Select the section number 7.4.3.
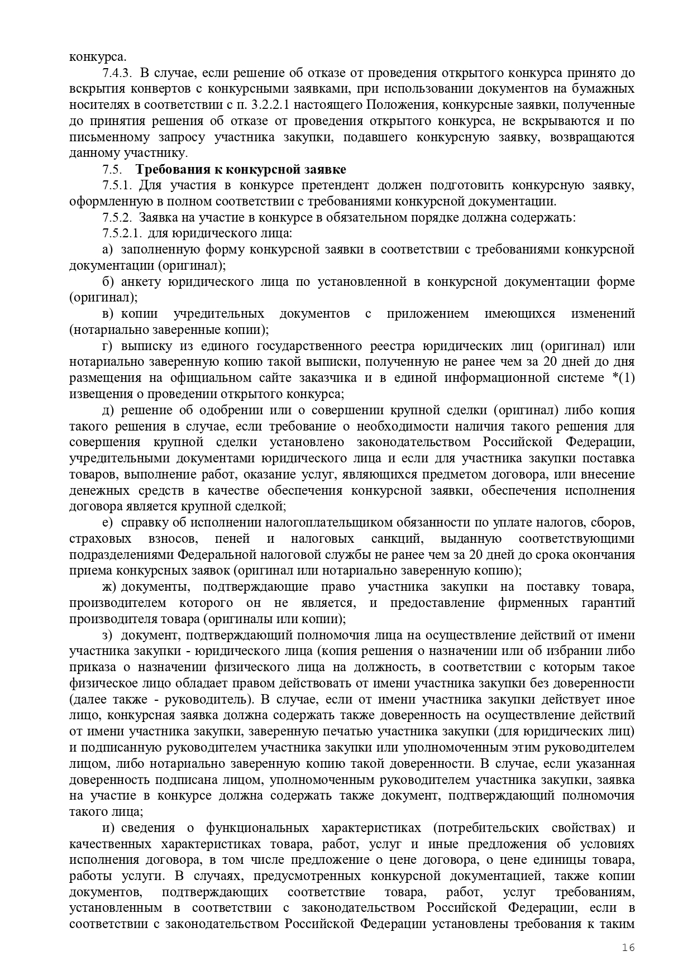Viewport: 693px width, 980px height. (117, 73)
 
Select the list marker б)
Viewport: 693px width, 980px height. (108, 282)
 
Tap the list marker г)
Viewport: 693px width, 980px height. (108, 346)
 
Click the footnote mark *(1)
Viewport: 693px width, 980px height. (623, 378)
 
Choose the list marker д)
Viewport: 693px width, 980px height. (108, 410)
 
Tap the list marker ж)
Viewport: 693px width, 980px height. (109, 587)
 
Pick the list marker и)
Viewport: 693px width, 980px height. (109, 828)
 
